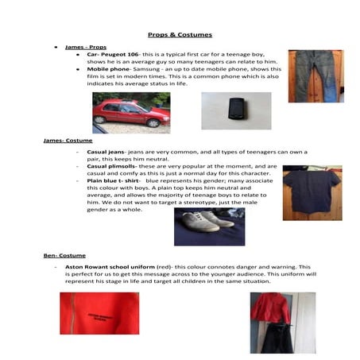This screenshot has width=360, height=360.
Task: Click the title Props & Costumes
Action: point(180,35)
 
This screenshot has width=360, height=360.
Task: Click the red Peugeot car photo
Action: point(131,112)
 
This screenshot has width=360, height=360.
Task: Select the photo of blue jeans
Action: point(315,76)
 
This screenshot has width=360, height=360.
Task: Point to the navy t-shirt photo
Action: point(312,192)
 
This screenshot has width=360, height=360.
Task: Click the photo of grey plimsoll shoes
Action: point(209,226)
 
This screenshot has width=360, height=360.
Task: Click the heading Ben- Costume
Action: point(64,255)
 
